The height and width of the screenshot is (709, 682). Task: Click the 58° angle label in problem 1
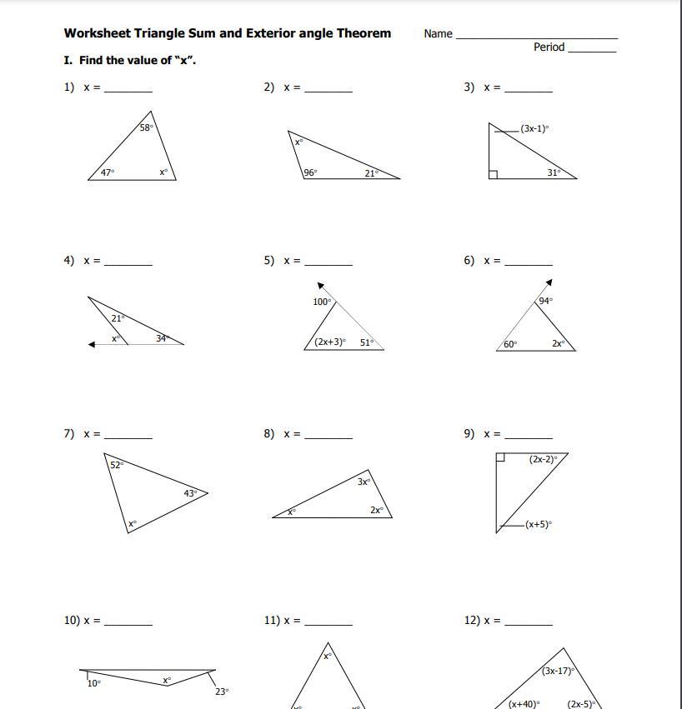tap(146, 128)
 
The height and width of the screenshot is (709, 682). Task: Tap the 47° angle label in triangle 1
tap(108, 172)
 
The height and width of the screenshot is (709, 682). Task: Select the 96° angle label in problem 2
tap(310, 173)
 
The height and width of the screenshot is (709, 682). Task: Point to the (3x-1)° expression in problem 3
tap(534, 129)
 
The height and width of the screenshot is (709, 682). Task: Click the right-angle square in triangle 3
tap(494, 174)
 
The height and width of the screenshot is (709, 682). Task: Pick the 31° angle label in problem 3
tap(554, 172)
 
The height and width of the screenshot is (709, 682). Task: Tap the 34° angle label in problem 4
tap(163, 338)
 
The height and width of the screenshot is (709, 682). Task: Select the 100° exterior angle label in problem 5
tap(322, 302)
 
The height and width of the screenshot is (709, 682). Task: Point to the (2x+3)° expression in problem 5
tap(330, 342)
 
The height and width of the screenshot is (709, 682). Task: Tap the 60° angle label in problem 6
tap(510, 343)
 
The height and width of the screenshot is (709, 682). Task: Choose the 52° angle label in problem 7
tap(117, 465)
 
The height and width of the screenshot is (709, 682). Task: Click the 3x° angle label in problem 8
tap(364, 482)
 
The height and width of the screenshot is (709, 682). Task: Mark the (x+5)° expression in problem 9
tap(539, 524)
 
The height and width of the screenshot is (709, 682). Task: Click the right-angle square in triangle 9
tap(500, 457)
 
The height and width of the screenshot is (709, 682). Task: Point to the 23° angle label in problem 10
tap(221, 692)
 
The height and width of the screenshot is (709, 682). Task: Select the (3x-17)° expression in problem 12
tap(558, 671)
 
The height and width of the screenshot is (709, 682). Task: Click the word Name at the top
tap(438, 34)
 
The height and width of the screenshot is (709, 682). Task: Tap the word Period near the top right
tap(549, 47)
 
